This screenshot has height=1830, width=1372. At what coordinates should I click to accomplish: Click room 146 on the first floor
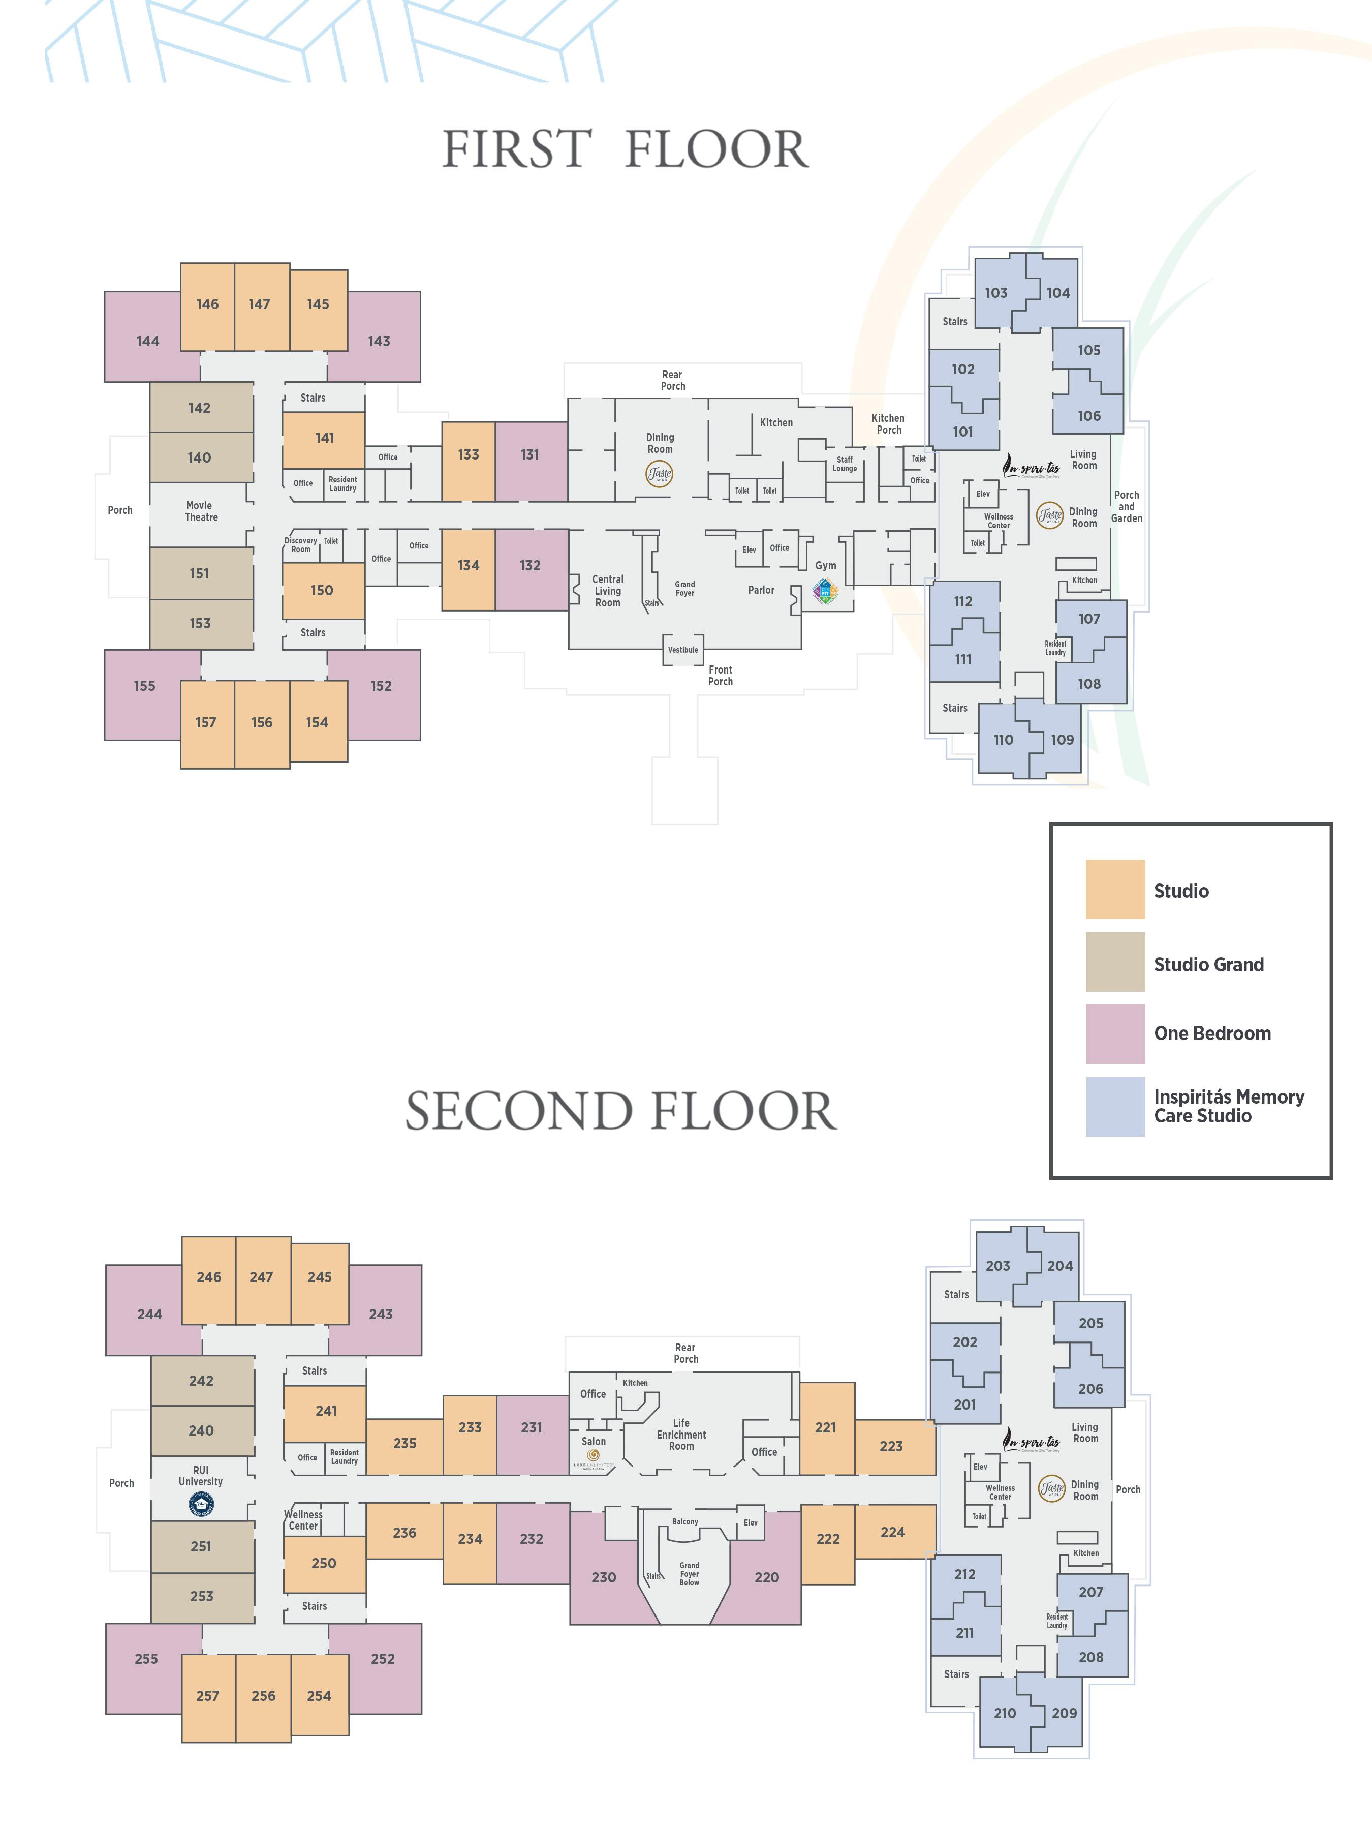(207, 304)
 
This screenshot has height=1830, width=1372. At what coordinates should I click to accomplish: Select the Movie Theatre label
(200, 511)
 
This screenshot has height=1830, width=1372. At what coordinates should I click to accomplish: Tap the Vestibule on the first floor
(683, 650)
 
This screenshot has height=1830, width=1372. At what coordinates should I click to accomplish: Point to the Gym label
(825, 566)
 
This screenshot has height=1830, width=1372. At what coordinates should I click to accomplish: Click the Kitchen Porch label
(888, 423)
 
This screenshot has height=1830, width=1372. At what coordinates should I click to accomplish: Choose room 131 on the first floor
(530, 455)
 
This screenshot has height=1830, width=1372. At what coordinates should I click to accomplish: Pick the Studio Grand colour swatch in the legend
(1115, 962)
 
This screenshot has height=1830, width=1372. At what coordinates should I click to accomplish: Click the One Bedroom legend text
(1212, 1033)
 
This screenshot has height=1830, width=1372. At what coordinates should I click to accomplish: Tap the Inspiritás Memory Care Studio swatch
(1115, 1106)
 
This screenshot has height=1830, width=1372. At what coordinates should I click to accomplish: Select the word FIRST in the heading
(517, 150)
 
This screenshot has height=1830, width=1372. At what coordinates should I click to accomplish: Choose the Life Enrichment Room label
(681, 1435)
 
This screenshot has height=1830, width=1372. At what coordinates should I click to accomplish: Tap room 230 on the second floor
(604, 1578)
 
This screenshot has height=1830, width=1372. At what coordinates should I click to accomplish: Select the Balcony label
(685, 1521)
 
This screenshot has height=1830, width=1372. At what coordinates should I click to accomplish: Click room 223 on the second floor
(891, 1446)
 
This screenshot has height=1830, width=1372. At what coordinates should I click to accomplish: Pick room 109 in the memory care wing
(1062, 740)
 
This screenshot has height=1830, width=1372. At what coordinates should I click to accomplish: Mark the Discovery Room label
(300, 544)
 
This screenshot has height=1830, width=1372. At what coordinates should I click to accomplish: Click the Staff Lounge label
(845, 464)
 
